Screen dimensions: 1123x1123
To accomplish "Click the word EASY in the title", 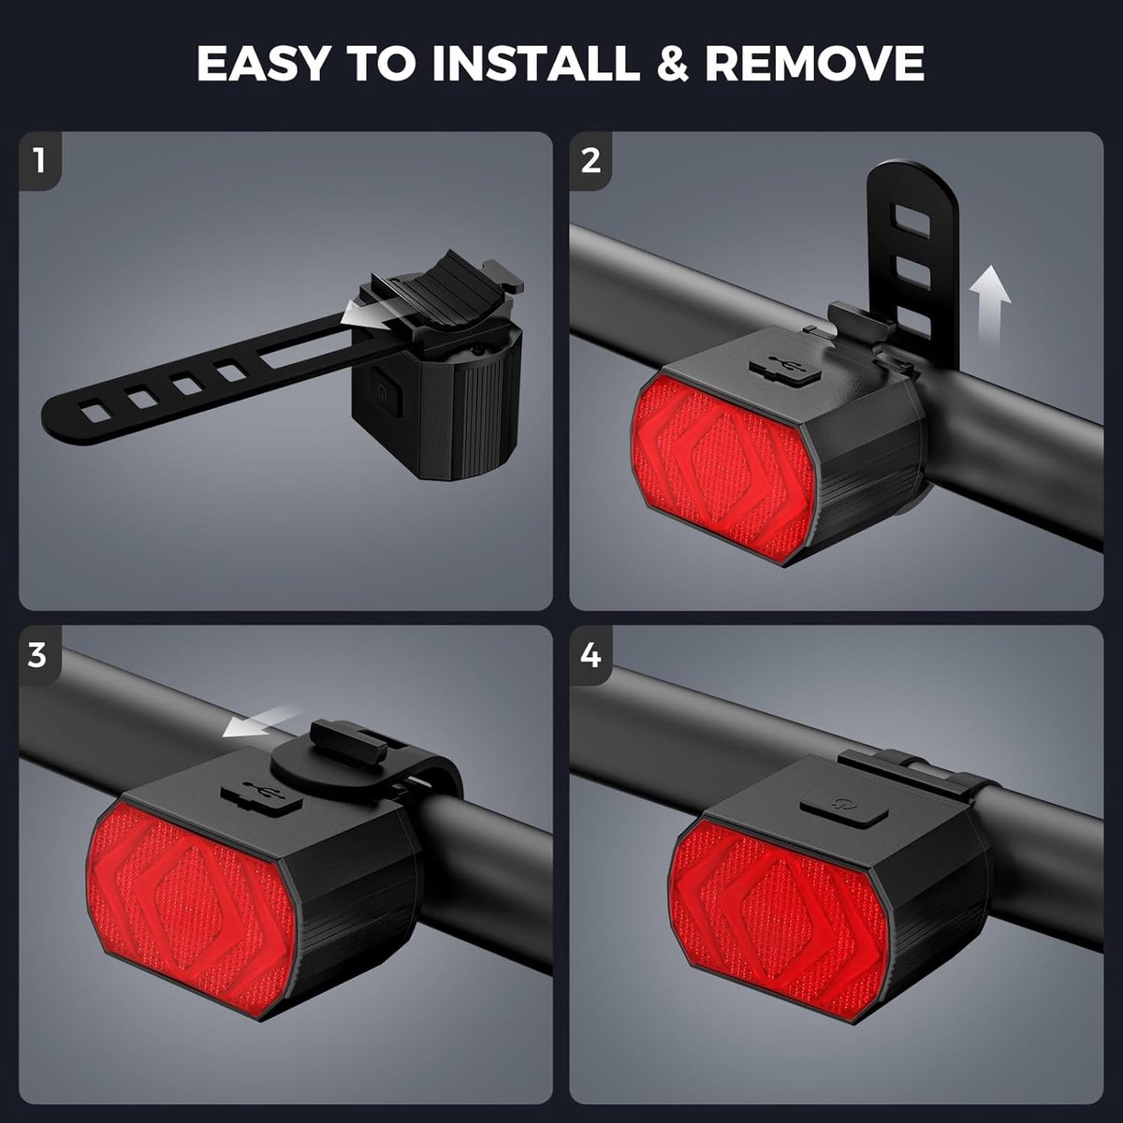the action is point(263,63).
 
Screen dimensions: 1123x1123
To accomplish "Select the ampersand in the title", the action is point(672,63).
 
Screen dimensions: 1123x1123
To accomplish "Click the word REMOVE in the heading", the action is point(815,63).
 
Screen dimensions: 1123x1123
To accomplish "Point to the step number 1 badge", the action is point(39,161).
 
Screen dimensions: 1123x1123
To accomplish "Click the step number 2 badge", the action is point(591,161).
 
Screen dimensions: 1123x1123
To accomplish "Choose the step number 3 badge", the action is point(38,655).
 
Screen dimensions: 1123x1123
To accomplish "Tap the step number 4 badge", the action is point(591,655).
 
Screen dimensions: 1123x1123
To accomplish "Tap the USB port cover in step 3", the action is point(261,795).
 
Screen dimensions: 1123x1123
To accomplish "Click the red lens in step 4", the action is point(778,920).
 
